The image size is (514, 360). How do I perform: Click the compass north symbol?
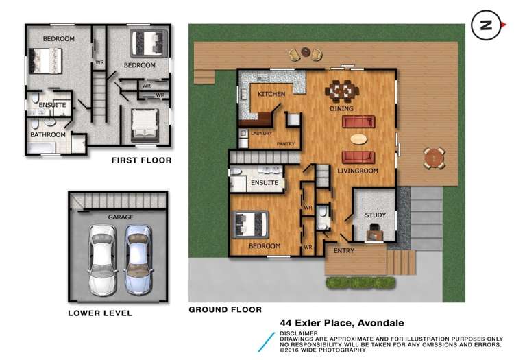(x=486, y=25)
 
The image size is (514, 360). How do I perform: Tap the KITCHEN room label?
(x=271, y=94)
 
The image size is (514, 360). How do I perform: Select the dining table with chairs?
(x=341, y=90)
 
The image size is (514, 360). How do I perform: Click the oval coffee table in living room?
(x=358, y=139)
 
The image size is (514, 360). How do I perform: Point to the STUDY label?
(x=375, y=215)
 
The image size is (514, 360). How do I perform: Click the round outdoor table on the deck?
(x=433, y=158)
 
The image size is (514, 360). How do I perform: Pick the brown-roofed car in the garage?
(x=137, y=260)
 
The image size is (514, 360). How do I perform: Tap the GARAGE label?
(x=120, y=217)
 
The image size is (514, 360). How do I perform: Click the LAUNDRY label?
(x=262, y=134)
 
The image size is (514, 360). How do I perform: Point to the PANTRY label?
(x=285, y=144)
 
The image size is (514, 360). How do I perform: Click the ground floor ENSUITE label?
(x=265, y=183)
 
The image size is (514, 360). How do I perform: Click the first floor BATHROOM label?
(x=47, y=135)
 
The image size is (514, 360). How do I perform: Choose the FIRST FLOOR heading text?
(x=141, y=160)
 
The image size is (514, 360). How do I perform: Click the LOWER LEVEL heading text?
(x=100, y=313)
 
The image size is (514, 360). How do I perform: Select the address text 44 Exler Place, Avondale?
(x=341, y=322)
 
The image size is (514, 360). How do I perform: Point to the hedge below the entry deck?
(x=360, y=282)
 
